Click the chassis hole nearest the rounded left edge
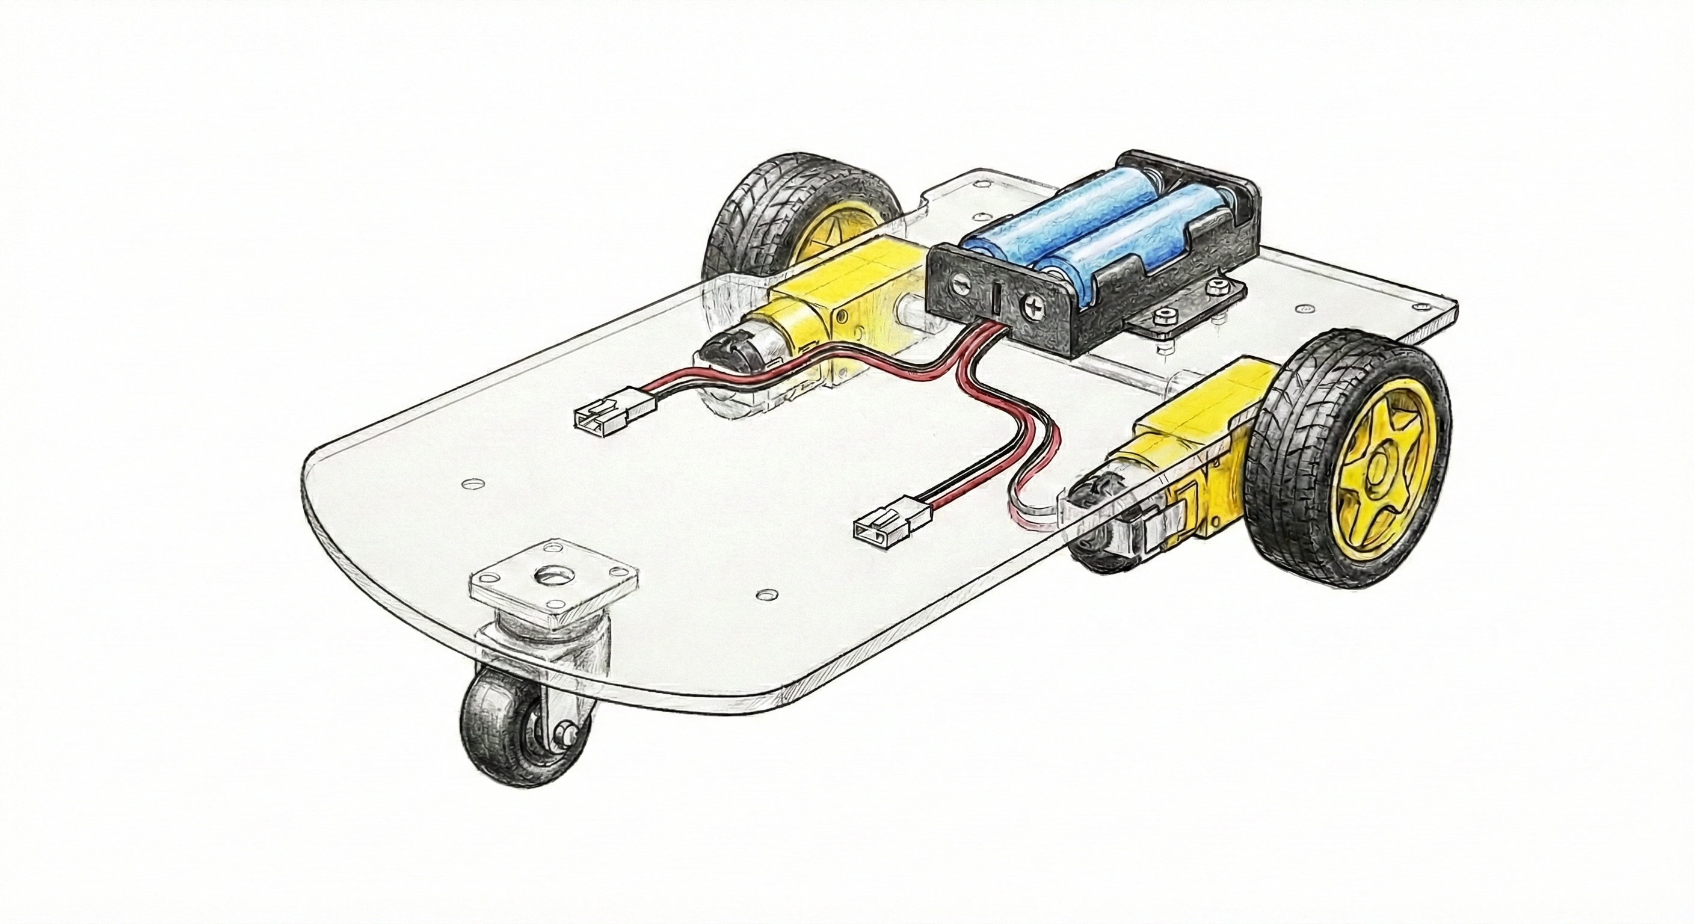click(471, 484)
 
